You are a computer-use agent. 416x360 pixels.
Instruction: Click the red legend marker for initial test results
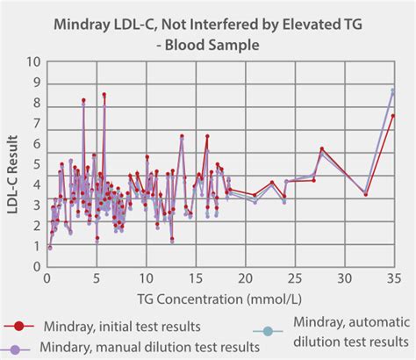(x=18, y=327)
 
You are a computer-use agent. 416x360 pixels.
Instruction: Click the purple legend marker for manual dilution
(x=18, y=346)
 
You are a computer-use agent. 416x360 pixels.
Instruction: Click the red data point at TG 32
(x=366, y=194)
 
